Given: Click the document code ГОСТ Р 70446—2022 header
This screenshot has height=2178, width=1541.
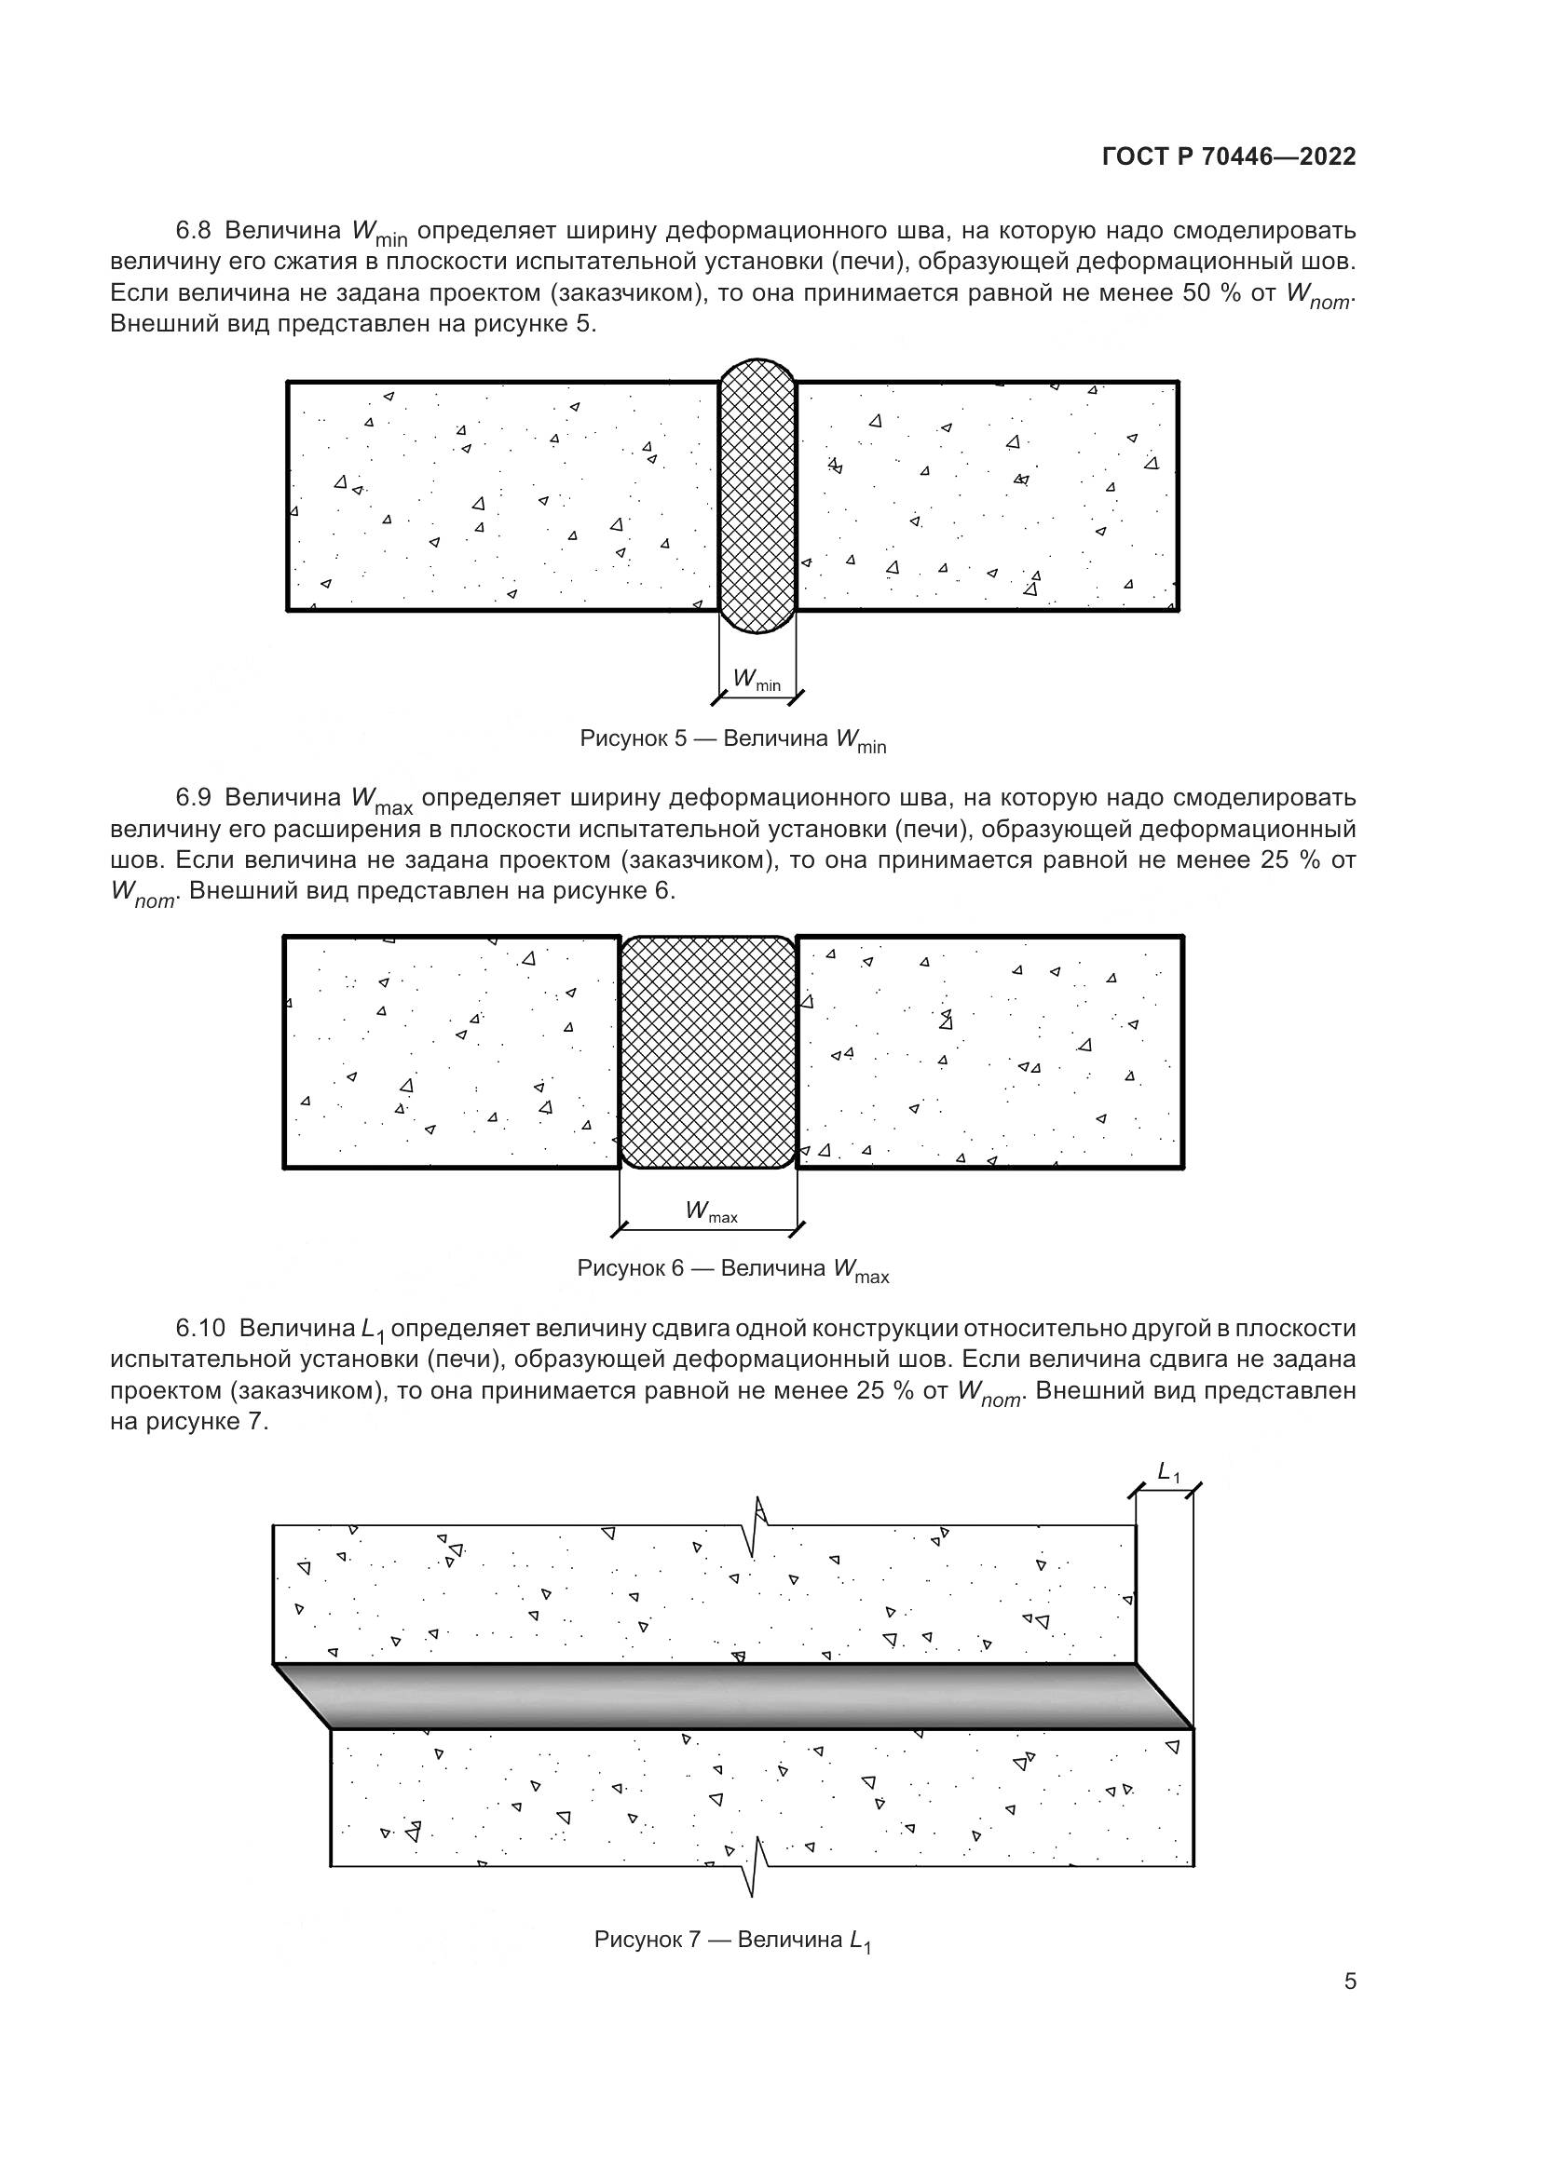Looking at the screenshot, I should pos(1229,157).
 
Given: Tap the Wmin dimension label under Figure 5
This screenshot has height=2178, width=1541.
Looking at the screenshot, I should pos(757,679).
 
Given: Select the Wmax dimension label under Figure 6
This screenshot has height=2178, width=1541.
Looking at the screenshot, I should pos(711,1211).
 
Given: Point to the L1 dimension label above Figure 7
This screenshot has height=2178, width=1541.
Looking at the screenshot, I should pos(1168,1472).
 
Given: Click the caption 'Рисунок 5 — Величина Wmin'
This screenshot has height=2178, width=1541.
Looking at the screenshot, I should pos(732,741).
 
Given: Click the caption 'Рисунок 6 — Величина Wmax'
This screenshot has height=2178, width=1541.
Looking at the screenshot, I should pos(732,1270).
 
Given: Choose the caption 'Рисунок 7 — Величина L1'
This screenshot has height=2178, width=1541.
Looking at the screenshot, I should pos(732,1940).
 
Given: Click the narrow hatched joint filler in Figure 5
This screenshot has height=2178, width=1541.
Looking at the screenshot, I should pos(757,495).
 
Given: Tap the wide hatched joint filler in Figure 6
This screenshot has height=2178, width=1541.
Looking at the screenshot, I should pos(708,1052).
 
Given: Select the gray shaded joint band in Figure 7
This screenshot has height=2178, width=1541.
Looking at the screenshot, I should pos(732,1696).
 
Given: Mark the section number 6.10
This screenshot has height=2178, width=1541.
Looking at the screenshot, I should pos(201,1328).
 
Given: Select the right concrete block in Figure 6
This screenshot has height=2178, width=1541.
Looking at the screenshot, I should pos(989,1052).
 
